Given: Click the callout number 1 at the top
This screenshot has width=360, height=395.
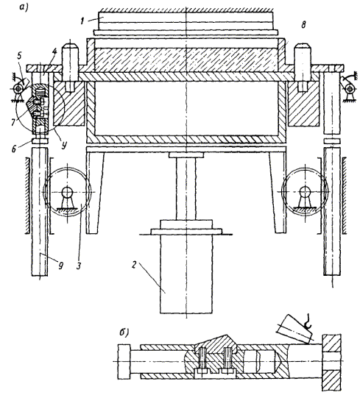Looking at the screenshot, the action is pyautogui.click(x=82, y=21).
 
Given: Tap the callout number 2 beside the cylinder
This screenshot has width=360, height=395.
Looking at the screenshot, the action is pyautogui.click(x=134, y=265).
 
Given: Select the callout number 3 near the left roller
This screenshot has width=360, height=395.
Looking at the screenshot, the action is pyautogui.click(x=79, y=266).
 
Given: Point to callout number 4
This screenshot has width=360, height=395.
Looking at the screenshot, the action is pyautogui.click(x=55, y=52).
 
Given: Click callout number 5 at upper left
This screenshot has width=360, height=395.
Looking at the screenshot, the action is pyautogui.click(x=20, y=55).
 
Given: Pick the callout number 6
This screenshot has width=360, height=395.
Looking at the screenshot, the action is pyautogui.click(x=14, y=149).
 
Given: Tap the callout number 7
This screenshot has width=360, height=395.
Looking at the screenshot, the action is pyautogui.click(x=13, y=123).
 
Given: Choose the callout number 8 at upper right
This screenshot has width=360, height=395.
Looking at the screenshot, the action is pyautogui.click(x=304, y=25).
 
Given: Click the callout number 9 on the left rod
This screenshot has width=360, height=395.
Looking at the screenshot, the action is pyautogui.click(x=60, y=266).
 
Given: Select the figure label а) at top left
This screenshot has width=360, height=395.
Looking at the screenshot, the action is pyautogui.click(x=24, y=7).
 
